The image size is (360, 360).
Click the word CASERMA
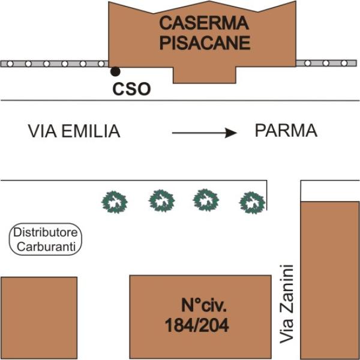pyautogui.click(x=204, y=23)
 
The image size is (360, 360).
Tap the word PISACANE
pyautogui.click(x=205, y=43)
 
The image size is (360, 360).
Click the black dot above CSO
pyautogui.click(x=115, y=71)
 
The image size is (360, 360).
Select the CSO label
pyautogui.click(x=131, y=89)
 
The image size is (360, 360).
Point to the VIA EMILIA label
pyautogui.click(x=74, y=131)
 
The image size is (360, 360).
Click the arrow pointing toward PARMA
pyautogui.click(x=205, y=133)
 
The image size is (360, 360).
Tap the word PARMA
pyautogui.click(x=286, y=131)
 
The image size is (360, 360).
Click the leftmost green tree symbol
pyautogui.click(x=115, y=202)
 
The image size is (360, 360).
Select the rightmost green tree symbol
pyautogui.click(x=252, y=203)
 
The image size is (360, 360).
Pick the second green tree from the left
pyautogui.click(x=161, y=200)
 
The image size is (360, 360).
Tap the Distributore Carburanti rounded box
pyautogui.click(x=45, y=239)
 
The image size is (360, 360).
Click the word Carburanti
pyautogui.click(x=46, y=247)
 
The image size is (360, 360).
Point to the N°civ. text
pyautogui.click(x=204, y=305)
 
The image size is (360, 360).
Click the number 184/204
pyautogui.click(x=197, y=325)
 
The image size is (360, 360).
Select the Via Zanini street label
pyautogui.click(x=287, y=304)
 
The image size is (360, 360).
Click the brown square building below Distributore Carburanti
pyautogui.click(x=39, y=318)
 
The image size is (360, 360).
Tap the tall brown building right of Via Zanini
pyautogui.click(x=329, y=280)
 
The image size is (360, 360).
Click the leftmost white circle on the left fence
pyautogui.click(x=10, y=64)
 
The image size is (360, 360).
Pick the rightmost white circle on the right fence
pyautogui.click(x=344, y=63)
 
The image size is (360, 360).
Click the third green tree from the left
pyautogui.click(x=206, y=200)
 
